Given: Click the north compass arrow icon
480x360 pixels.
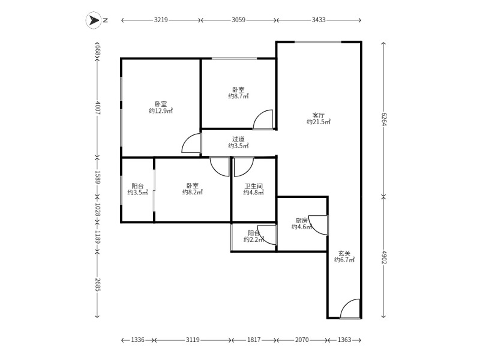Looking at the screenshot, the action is pos(94,20).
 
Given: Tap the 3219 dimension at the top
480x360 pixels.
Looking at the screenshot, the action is pos(161,20).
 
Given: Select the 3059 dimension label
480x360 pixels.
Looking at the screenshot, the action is pos(238,20).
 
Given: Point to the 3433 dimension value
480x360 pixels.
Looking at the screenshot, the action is pos(319,20).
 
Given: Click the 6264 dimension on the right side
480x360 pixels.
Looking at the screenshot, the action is pos(383,119).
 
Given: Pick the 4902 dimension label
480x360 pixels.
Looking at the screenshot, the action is pos(383,257).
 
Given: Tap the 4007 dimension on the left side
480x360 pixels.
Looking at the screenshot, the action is pos(98,108).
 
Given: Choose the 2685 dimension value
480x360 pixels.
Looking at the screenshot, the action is pos(98,284).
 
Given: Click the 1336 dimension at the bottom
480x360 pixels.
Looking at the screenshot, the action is pos(137,340).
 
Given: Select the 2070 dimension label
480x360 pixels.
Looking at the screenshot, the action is pos(302,340).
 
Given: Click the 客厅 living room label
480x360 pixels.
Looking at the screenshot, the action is pos(319,115).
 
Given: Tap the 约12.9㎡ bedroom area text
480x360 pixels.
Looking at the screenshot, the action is pos(161,111).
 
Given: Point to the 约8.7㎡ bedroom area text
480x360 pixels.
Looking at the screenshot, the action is pos(238,97).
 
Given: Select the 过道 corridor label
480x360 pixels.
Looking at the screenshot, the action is pos(238,139).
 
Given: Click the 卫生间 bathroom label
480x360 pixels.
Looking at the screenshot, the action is pos(253,186).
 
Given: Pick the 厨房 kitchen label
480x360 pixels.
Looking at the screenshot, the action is pos(302,220).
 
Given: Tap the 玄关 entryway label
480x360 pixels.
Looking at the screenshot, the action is pos(344,253).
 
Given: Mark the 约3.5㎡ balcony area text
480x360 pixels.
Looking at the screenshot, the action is pos(138,193).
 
